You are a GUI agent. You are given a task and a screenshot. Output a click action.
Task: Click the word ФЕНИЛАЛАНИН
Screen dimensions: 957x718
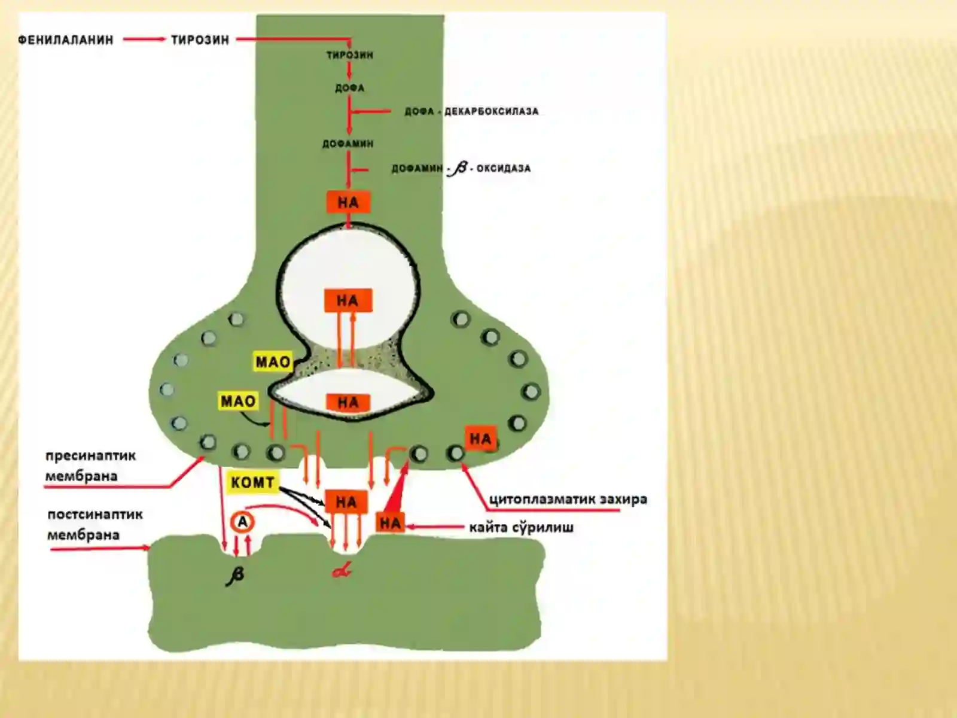(66, 40)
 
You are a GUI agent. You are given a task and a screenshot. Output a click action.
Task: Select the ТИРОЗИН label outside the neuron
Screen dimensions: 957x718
(200, 40)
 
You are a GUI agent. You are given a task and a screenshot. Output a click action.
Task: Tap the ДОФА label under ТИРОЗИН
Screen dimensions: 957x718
(350, 88)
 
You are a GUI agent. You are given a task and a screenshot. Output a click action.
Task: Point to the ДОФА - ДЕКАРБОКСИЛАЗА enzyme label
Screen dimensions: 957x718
(472, 112)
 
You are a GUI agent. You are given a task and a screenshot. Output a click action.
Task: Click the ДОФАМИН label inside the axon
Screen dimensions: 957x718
(348, 144)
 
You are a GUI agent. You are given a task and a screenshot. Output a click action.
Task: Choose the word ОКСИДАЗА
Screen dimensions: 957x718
(504, 169)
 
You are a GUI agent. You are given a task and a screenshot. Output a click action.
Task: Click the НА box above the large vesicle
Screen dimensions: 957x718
(348, 202)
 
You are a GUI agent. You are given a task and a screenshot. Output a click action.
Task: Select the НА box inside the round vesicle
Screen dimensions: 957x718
(348, 300)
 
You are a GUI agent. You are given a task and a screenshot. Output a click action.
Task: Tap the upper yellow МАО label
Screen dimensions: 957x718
(273, 362)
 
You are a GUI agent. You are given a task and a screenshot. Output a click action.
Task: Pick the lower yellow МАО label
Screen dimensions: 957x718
(238, 401)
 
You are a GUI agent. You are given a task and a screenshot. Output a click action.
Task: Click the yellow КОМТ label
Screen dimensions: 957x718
(252, 483)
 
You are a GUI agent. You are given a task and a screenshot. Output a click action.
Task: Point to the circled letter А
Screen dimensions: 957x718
(242, 522)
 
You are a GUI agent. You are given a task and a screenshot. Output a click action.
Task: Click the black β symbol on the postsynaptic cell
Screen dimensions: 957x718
(236, 576)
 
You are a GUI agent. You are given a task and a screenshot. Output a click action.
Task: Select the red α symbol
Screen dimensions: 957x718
(342, 570)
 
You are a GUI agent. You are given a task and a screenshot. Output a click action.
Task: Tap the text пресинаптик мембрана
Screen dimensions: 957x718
(91, 466)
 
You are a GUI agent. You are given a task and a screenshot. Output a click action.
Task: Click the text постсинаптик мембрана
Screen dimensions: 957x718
(95, 525)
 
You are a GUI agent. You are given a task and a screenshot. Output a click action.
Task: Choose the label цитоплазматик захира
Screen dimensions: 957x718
(568, 499)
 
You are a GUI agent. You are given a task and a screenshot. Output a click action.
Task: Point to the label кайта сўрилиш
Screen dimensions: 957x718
(522, 528)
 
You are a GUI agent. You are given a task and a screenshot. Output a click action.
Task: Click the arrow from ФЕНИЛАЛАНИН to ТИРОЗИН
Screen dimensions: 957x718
(144, 39)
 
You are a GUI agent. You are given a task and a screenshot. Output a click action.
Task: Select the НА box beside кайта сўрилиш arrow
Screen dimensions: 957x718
(390, 523)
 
